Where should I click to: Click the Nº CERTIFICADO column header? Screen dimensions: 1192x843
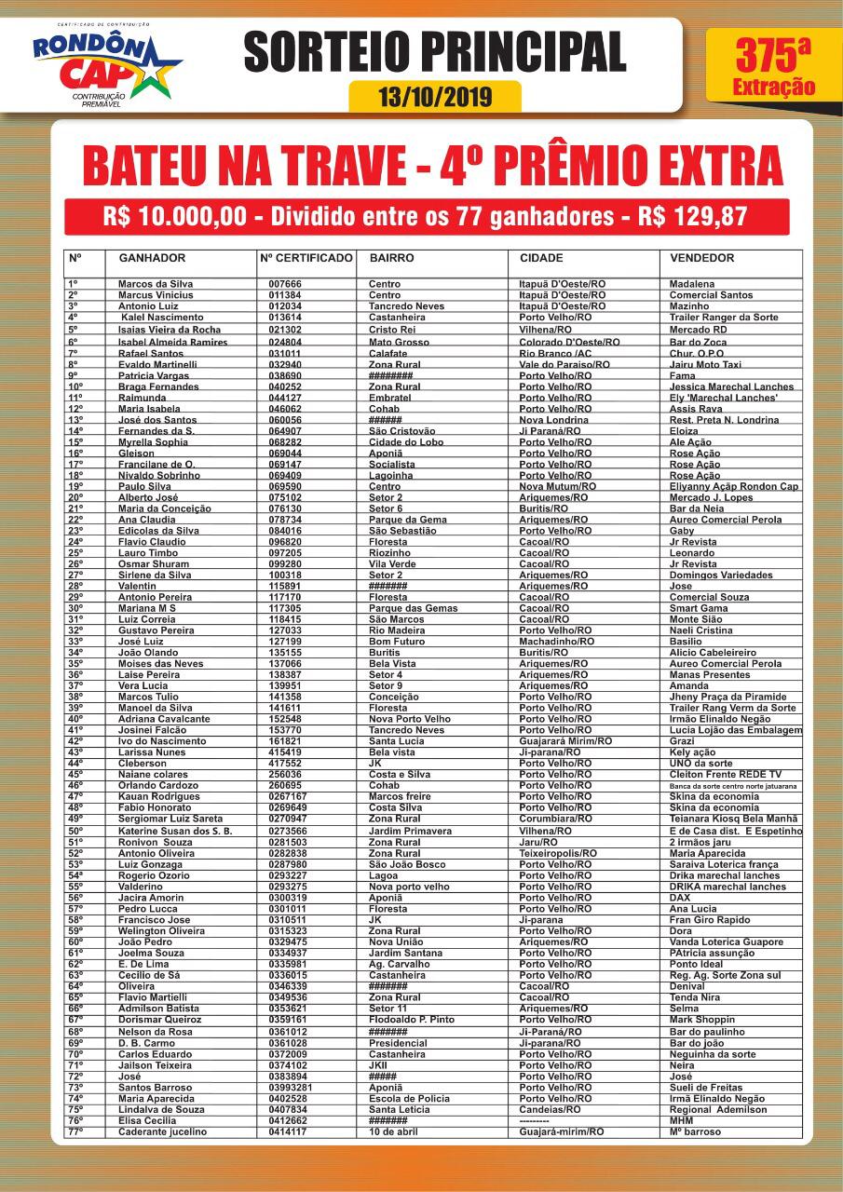click(306, 258)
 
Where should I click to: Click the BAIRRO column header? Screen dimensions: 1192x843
click(391, 258)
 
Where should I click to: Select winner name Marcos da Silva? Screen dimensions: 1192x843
click(156, 284)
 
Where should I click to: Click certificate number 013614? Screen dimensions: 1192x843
click(285, 318)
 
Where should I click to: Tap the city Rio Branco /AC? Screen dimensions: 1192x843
click(557, 353)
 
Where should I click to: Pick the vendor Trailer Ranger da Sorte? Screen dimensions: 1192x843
click(724, 318)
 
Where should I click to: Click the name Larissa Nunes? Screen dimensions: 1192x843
click(152, 752)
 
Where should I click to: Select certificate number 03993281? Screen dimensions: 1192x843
click(291, 1088)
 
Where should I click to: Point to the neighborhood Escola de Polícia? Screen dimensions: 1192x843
click(409, 1099)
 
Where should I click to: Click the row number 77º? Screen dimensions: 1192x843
click(75, 1132)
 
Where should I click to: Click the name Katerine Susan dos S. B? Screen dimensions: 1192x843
click(175, 831)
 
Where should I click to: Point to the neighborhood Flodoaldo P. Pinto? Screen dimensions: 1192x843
click(412, 1020)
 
